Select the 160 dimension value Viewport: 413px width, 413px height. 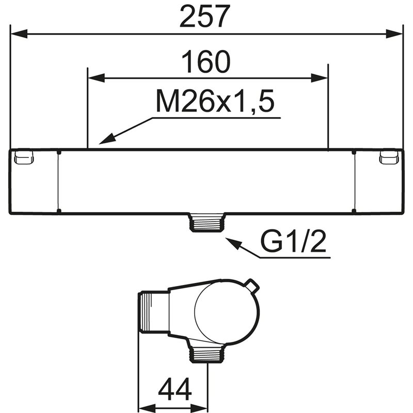pyautogui.click(x=206, y=62)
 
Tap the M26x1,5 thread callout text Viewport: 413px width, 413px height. pyautogui.click(x=215, y=101)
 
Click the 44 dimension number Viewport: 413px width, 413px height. pyautogui.click(x=174, y=389)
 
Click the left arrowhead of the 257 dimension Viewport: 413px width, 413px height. pyautogui.click(x=19, y=34)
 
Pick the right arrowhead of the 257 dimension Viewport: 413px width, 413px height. pyautogui.click(x=394, y=34)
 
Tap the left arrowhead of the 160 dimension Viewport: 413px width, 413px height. pyautogui.click(x=96, y=78)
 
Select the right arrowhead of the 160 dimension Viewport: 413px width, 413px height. pyautogui.click(x=319, y=78)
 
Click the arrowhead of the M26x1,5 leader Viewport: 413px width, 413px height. pyautogui.click(x=107, y=139)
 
